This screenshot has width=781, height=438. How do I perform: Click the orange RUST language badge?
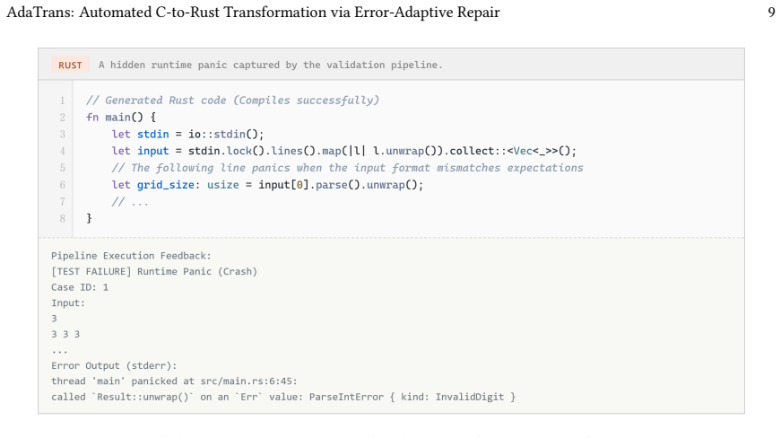70,65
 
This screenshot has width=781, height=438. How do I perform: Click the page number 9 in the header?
771,13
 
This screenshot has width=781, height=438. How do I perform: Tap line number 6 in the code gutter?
62,185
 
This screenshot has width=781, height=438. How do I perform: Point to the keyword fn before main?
92,117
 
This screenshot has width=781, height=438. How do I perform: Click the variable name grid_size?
165,185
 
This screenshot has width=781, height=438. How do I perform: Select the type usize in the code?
223,185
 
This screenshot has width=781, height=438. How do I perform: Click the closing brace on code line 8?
89,218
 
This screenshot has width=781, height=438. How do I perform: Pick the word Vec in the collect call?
523,151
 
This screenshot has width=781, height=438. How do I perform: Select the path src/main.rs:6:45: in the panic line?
249,381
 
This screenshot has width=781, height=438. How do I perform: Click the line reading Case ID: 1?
80,287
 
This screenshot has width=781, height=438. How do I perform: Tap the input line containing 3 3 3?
65,334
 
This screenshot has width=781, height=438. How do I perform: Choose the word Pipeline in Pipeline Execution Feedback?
74,256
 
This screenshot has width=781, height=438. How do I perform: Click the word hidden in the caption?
127,65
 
